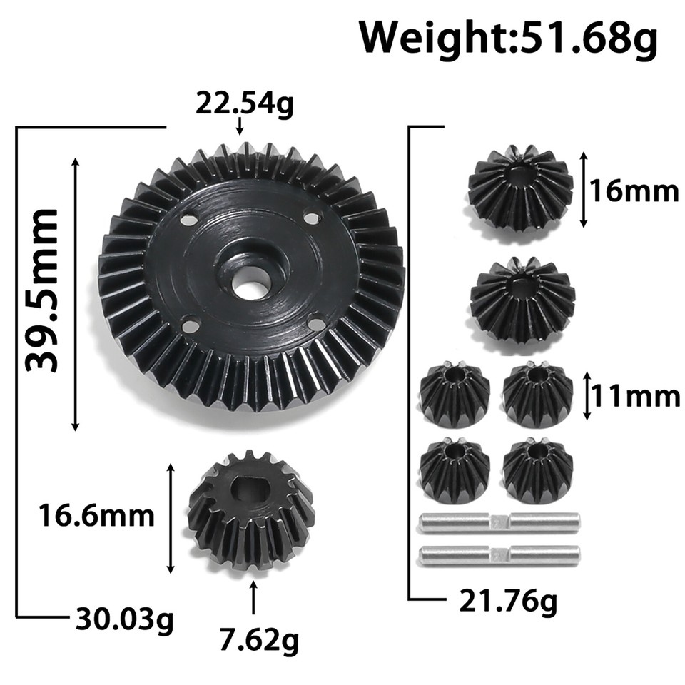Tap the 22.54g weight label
click(245, 105)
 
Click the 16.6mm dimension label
click(98, 515)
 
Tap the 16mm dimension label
click(634, 191)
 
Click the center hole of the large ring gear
click(248, 288)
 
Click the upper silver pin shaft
click(499, 523)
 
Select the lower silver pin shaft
click(499, 554)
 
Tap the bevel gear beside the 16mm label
click(520, 187)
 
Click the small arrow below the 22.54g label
click(240, 126)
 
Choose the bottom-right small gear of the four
click(537, 469)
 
